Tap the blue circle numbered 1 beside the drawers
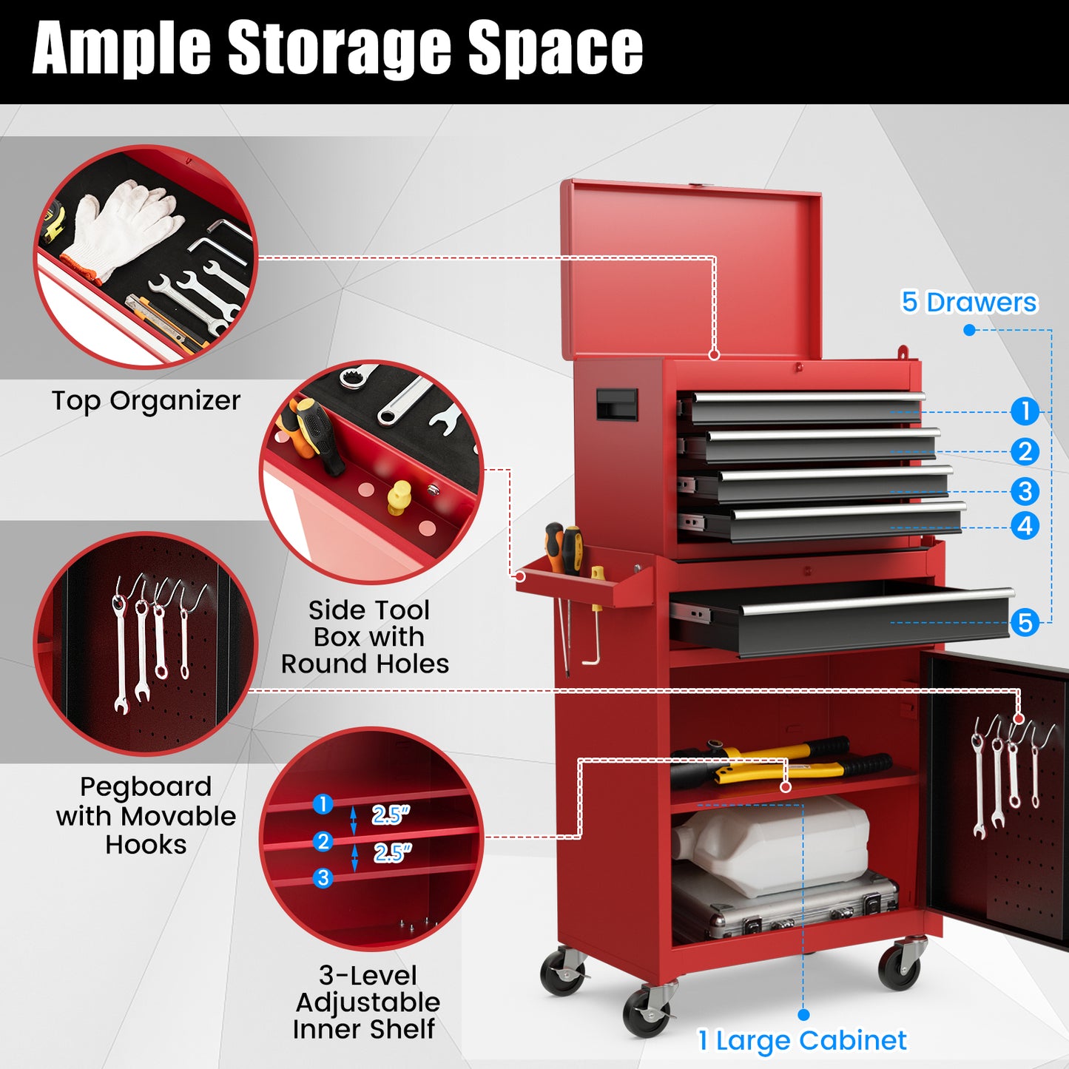click(1025, 411)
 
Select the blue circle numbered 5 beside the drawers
click(1025, 622)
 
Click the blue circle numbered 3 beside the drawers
click(1025, 491)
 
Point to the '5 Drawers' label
click(968, 302)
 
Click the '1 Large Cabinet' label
click(802, 1040)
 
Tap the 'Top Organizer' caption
click(146, 400)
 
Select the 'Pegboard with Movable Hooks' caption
click(146, 815)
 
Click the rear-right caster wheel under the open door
click(900, 965)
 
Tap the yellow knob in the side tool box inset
click(399, 496)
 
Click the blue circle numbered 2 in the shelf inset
click(323, 841)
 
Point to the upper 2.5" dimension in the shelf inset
click(390, 815)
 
